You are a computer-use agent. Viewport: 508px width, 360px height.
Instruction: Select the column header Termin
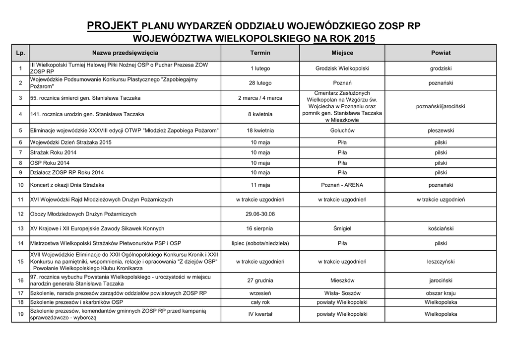tap(260, 53)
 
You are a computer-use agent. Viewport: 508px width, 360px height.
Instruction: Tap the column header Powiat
tap(441, 53)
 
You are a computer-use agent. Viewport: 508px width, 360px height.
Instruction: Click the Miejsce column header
tap(342, 53)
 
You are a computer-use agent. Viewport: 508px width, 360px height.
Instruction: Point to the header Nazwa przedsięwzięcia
tap(125, 53)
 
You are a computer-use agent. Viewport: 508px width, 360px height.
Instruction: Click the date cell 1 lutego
tap(260, 69)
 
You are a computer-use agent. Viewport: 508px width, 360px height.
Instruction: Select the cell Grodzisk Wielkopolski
tap(342, 69)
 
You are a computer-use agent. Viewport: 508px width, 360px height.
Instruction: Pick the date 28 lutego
tap(260, 83)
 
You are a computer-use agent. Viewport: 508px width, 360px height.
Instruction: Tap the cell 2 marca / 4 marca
tap(260, 98)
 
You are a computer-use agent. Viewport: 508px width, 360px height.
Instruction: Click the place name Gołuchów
tap(342, 131)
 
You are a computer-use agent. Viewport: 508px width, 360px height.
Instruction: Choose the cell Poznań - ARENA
tap(342, 185)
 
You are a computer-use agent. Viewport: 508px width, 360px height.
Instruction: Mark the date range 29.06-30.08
tap(260, 214)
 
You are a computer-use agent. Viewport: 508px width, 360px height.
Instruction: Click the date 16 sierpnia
tap(260, 229)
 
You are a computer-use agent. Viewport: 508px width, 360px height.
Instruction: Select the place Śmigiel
tap(342, 229)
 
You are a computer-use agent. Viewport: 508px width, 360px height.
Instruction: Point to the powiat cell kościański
tap(441, 229)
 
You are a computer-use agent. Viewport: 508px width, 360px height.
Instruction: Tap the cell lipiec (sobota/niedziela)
tap(260, 243)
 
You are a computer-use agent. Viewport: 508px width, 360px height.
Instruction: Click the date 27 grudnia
tap(260, 281)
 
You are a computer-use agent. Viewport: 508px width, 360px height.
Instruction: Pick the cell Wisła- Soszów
tap(342, 293)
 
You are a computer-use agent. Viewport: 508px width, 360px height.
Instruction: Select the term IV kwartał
tap(260, 314)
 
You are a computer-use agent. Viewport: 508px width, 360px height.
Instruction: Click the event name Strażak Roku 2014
tap(54, 152)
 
